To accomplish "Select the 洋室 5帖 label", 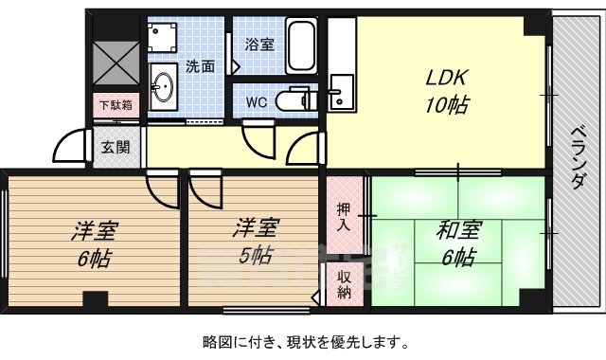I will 257,243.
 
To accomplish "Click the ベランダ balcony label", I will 577,158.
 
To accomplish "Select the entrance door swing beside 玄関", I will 72,147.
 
